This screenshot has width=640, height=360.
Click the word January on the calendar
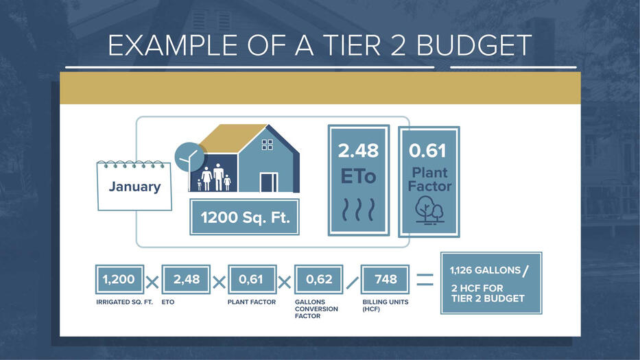(134, 187)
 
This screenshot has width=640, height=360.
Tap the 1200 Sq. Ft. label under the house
(244, 217)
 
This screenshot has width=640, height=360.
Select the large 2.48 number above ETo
(358, 151)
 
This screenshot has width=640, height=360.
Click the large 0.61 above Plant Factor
(427, 151)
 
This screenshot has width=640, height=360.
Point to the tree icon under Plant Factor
(429, 211)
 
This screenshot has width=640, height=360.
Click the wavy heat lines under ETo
(358, 210)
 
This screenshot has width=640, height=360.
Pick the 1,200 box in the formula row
(119, 279)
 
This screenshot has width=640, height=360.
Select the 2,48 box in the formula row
(186, 279)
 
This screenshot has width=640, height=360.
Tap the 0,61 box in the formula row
(252, 279)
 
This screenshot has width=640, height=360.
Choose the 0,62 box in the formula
(319, 279)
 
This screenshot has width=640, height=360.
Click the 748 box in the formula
(385, 279)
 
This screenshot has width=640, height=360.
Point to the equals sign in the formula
(425, 280)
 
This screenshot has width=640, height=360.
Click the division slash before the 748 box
(352, 283)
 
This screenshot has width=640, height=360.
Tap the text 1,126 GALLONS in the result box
(485, 270)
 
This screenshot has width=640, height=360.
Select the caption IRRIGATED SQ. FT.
(124, 302)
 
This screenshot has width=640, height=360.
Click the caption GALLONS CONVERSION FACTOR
(316, 309)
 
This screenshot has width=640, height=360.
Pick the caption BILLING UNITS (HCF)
(386, 305)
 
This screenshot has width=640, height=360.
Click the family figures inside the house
(214, 178)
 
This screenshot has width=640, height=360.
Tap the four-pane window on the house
(268, 145)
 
